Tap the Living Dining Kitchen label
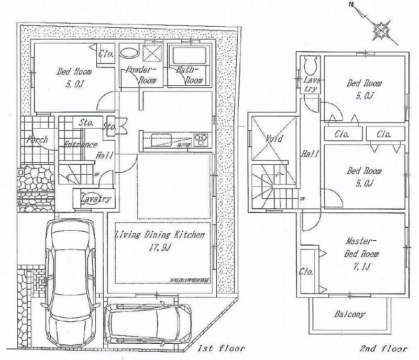pos(159,235)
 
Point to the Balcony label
pos(349,314)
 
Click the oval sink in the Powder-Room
pos(129,53)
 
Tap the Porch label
pos(37,140)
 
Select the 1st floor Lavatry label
pos(96,199)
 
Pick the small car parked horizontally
pos(149,323)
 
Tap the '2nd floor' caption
pos(384,348)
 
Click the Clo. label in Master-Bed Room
pos(306,272)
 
